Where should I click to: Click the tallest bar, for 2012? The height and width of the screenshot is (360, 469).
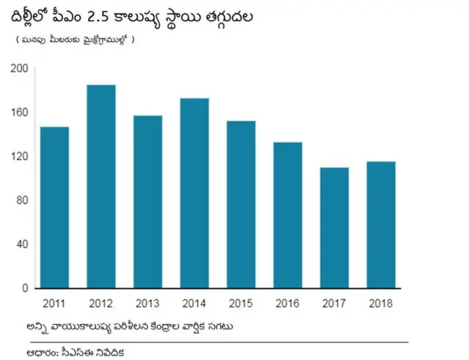pyautogui.click(x=101, y=186)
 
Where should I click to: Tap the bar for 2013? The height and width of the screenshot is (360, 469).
pyautogui.click(x=148, y=202)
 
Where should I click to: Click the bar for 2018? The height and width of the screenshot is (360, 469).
pyautogui.click(x=381, y=224)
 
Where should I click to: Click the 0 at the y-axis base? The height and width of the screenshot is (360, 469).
pyautogui.click(x=24, y=288)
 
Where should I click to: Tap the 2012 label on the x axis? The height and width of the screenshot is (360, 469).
pyautogui.click(x=101, y=303)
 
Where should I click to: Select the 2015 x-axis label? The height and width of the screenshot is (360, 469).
pyautogui.click(x=241, y=303)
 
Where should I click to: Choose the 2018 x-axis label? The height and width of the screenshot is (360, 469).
pyautogui.click(x=381, y=303)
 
